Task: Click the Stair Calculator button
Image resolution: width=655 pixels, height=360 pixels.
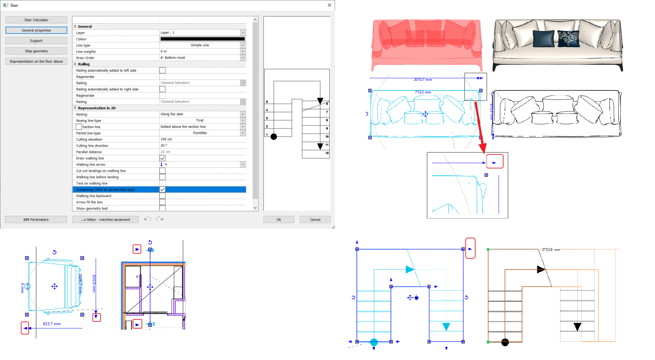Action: click(36, 20)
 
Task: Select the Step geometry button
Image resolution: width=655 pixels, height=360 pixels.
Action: click(36, 51)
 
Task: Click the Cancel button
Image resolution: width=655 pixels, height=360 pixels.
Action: click(315, 220)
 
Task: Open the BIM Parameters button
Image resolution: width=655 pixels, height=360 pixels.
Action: click(36, 220)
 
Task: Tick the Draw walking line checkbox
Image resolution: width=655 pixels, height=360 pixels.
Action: click(162, 158)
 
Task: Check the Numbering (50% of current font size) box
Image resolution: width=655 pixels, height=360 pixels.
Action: click(162, 190)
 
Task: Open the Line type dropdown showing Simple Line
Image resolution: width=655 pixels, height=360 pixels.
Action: click(243, 45)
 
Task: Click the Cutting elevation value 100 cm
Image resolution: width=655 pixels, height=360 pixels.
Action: click(201, 139)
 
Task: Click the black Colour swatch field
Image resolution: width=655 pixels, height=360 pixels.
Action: click(202, 39)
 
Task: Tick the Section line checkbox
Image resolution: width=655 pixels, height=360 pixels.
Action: click(78, 127)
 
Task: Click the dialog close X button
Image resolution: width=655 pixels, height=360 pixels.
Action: click(329, 5)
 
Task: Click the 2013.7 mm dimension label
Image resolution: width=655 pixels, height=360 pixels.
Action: click(423, 80)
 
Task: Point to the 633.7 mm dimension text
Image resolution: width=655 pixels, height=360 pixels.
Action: click(52, 324)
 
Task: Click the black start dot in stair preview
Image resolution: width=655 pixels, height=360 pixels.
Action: click(274, 137)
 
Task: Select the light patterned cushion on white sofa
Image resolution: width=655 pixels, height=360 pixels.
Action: click(568, 38)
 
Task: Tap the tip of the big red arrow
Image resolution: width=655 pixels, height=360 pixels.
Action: click(483, 152)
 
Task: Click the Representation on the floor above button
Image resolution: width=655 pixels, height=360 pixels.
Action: click(36, 62)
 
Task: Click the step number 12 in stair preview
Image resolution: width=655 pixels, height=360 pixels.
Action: click(327, 153)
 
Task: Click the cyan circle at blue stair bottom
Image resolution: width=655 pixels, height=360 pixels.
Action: click(374, 342)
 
